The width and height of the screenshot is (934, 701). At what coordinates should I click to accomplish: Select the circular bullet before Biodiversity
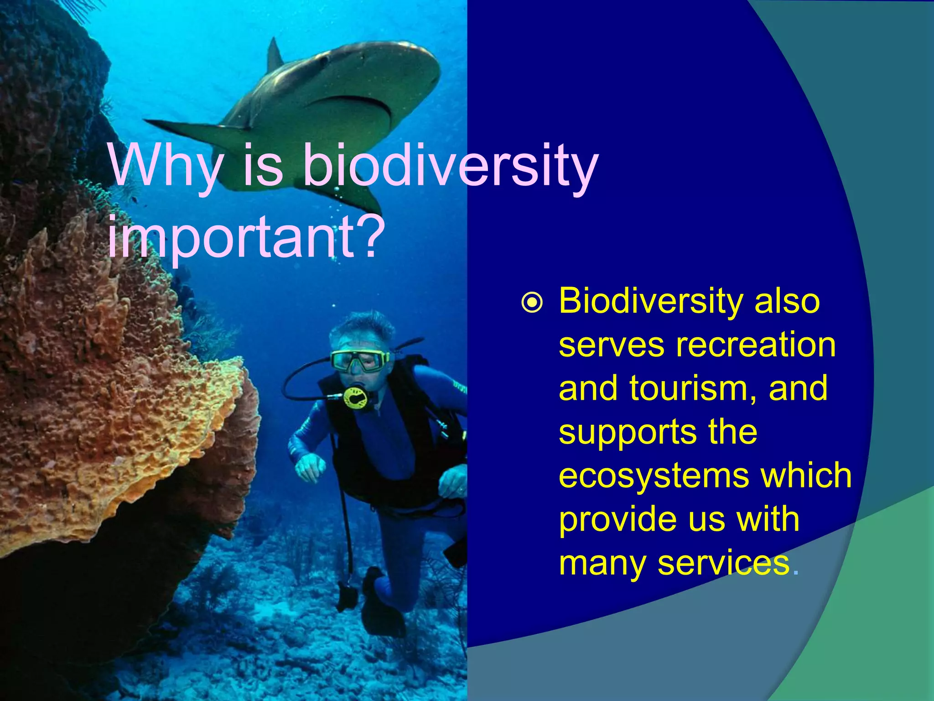coord(532,303)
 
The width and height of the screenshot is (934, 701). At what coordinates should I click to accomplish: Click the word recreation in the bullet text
coord(756,345)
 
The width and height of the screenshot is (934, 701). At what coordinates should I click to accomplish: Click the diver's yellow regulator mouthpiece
coord(355,397)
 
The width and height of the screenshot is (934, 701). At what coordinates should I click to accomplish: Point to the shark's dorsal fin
coord(275,55)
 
